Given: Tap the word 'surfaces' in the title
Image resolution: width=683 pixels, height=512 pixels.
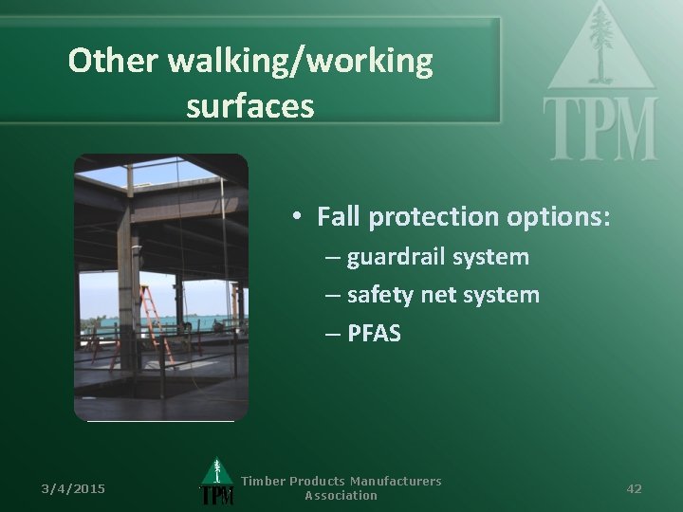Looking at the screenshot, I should point(250,106).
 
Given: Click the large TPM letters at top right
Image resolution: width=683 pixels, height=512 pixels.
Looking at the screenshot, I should point(600,128).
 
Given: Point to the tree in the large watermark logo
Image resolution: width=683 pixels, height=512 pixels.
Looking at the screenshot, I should point(600,43).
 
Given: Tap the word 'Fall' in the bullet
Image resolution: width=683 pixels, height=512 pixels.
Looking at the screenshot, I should point(339,217).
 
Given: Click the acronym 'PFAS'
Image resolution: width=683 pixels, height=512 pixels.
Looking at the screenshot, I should point(374,334).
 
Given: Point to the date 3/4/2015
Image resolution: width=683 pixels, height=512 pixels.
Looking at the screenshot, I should point(73,488).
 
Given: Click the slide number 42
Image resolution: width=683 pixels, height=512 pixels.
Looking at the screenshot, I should point(635,488).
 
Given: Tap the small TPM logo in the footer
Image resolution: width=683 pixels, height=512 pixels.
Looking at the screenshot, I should point(217,484).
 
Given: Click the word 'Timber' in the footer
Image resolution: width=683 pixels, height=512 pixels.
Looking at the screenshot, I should point(263,482).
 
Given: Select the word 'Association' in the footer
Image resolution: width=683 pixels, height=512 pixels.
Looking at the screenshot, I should point(341,496).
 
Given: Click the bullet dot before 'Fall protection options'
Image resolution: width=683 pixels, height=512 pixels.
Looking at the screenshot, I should point(297,218).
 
